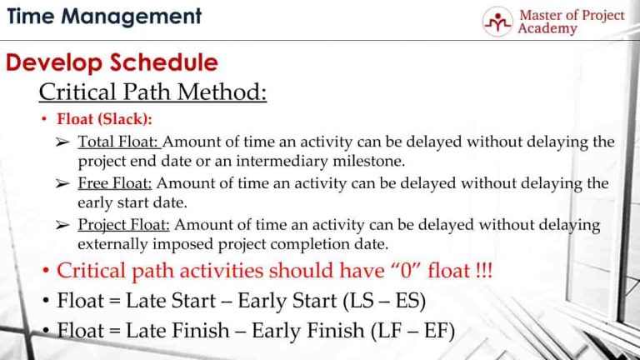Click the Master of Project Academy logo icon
click(x=497, y=21)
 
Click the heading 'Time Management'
click(x=103, y=16)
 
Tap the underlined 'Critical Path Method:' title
click(x=152, y=91)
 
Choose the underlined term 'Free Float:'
click(x=114, y=183)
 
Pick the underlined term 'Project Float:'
click(x=124, y=224)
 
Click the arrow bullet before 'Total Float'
click(x=63, y=142)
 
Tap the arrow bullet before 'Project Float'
click(x=63, y=224)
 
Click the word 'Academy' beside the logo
click(x=547, y=28)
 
